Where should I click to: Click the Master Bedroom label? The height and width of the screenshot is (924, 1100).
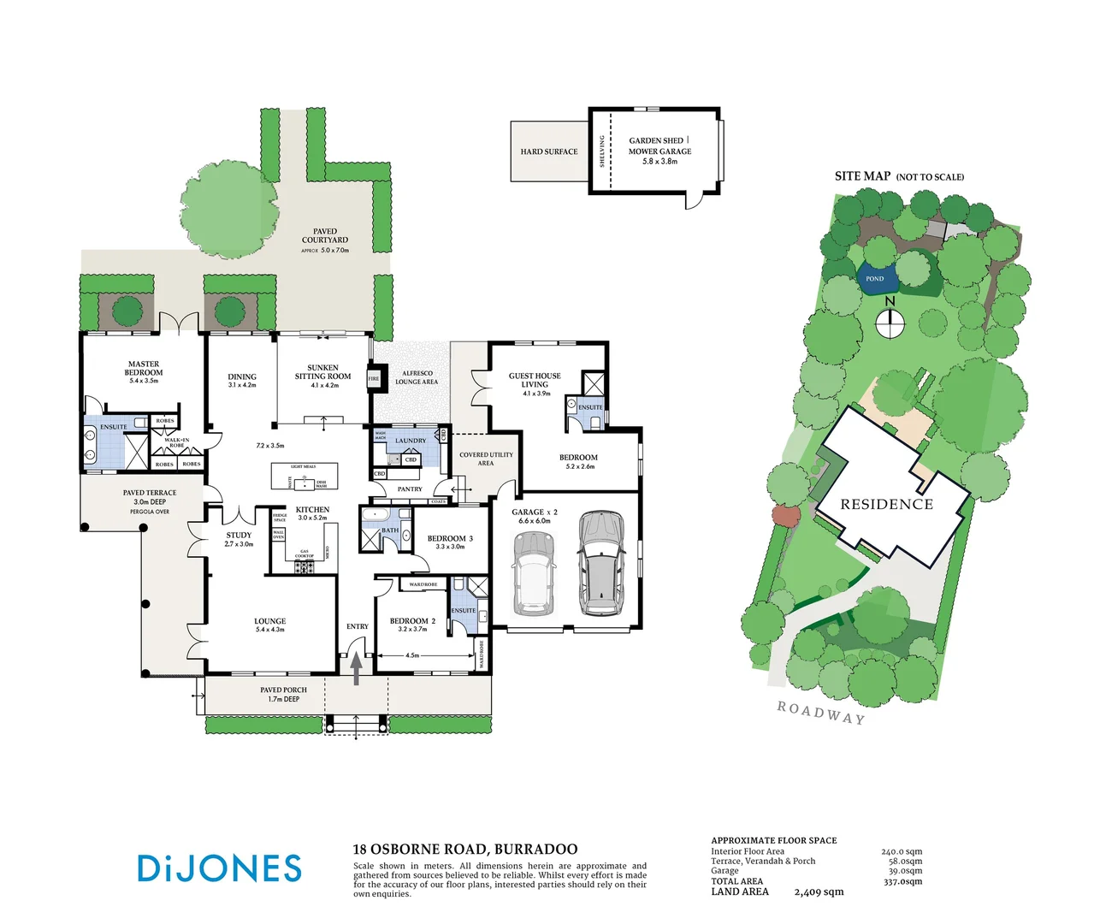[144, 369]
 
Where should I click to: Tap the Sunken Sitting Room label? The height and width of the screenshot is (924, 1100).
[322, 372]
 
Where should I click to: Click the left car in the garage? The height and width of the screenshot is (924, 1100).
[535, 574]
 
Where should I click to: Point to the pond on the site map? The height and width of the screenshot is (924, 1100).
[877, 279]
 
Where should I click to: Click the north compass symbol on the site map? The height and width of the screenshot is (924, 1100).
[890, 323]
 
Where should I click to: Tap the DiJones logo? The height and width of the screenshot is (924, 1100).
[220, 868]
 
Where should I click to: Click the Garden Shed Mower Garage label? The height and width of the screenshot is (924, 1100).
[659, 146]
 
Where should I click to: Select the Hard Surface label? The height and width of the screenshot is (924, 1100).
[549, 151]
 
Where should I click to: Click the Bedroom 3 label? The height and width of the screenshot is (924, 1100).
[450, 539]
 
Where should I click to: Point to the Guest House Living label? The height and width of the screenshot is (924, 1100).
[535, 380]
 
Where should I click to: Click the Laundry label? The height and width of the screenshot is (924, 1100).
[411, 441]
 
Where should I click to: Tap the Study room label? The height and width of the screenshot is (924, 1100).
[239, 536]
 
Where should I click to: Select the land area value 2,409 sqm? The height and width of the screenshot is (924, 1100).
[819, 892]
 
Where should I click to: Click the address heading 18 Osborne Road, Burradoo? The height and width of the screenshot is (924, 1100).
[465, 850]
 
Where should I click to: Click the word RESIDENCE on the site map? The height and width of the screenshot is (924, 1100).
[886, 505]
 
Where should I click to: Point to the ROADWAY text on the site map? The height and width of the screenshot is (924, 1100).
[820, 712]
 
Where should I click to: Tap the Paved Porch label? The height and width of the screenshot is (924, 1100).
[283, 690]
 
